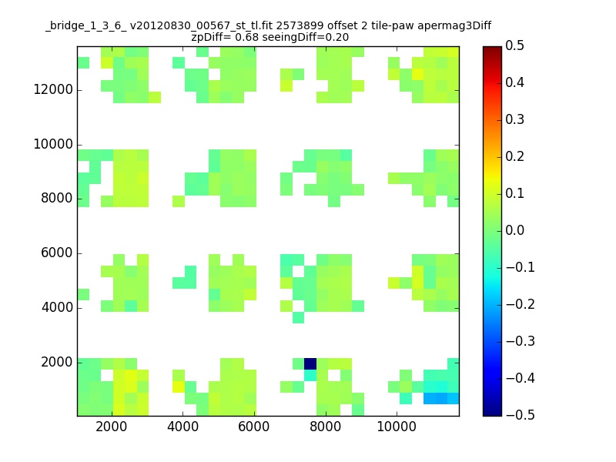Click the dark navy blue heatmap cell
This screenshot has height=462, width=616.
[310, 363]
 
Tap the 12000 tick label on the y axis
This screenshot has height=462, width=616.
[53, 89]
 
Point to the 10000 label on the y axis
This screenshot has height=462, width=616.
[53, 144]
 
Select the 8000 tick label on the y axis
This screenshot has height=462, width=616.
[57, 198]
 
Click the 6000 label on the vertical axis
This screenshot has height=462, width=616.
[57, 253]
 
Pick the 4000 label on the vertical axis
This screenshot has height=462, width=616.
[57, 307]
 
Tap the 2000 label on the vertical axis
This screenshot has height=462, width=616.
[57, 362]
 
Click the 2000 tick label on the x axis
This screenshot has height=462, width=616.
[112, 427]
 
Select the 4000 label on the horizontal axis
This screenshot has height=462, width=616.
[183, 427]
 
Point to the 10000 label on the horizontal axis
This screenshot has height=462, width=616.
[397, 427]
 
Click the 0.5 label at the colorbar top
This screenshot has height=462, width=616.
[514, 45]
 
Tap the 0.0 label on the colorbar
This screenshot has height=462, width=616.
[514, 230]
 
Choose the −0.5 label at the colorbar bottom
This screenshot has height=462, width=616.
[521, 415]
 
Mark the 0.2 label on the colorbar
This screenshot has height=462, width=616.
[514, 156]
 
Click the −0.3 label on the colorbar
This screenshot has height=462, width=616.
[521, 341]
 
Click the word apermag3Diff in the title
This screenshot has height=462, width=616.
[454, 26]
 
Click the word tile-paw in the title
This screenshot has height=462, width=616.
[393, 26]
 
